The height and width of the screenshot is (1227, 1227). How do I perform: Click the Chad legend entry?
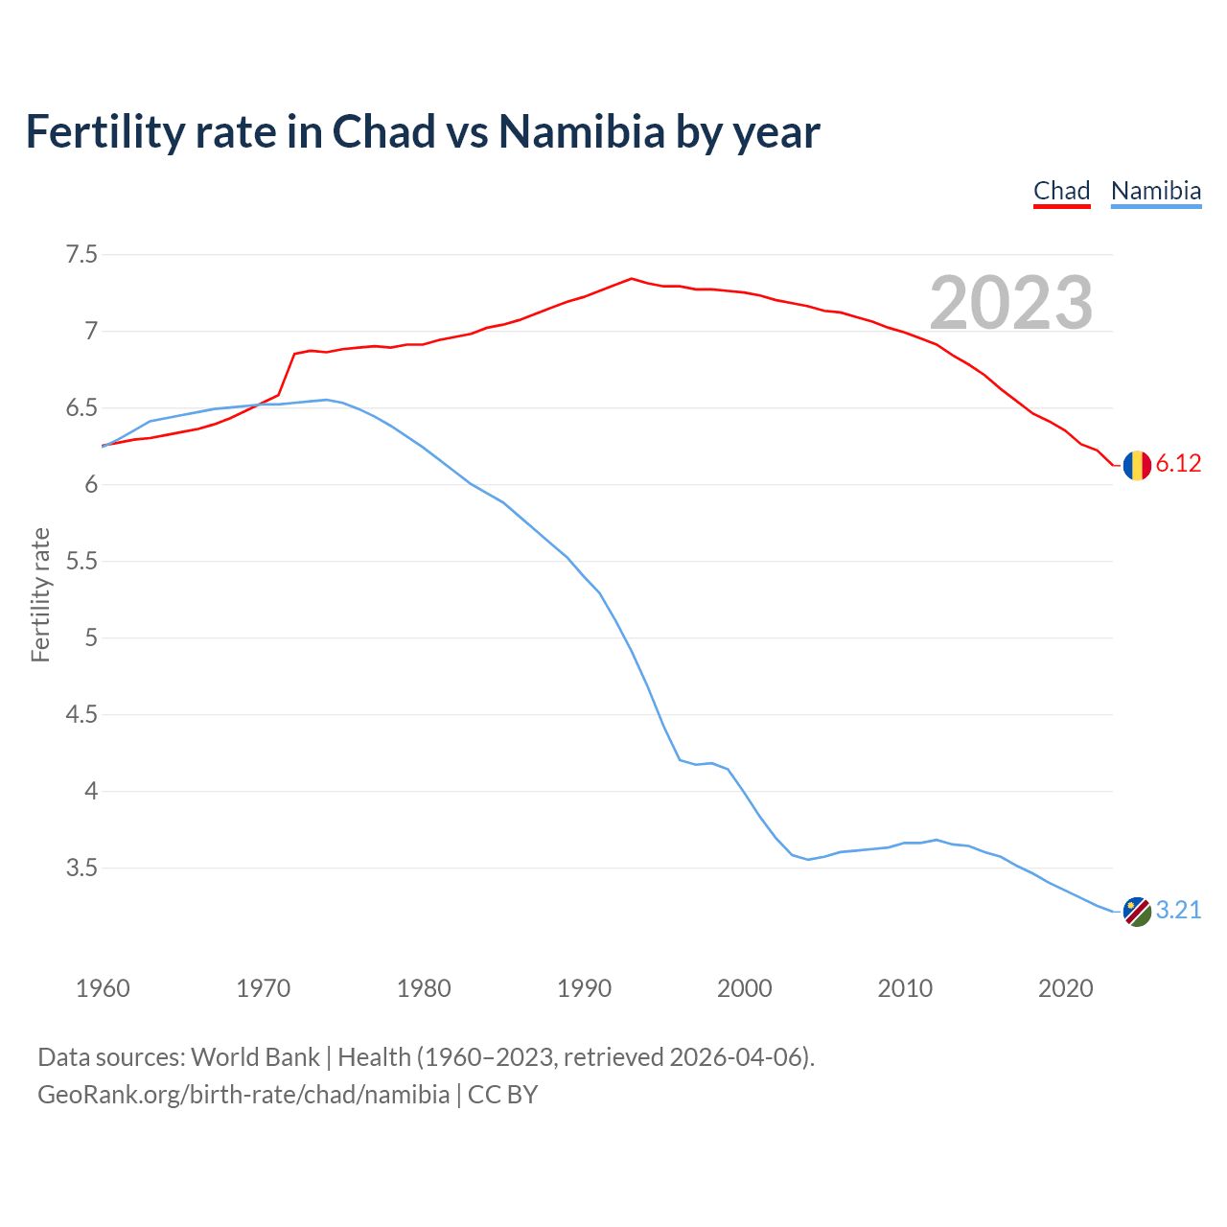click(x=1061, y=191)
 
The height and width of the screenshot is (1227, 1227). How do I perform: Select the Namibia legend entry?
click(x=1155, y=191)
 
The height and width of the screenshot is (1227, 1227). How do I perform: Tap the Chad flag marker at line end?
click(x=1137, y=465)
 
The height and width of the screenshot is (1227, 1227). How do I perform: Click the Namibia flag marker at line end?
click(x=1137, y=912)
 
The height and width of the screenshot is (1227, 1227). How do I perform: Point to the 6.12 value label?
click(x=1178, y=464)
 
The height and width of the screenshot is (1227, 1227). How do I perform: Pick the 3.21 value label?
click(x=1178, y=911)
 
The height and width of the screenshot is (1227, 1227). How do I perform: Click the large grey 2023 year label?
click(x=1011, y=303)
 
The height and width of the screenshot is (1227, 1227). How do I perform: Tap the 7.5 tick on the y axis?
click(x=81, y=255)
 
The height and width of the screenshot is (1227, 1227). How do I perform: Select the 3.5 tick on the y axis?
click(x=81, y=868)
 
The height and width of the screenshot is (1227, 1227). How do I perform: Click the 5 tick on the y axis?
click(x=91, y=638)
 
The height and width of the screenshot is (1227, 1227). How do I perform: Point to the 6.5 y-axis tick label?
click(x=81, y=408)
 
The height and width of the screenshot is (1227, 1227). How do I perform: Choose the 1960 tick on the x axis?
click(x=103, y=988)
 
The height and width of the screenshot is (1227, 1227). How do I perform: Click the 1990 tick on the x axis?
click(x=584, y=988)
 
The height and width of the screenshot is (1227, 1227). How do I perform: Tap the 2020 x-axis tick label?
click(x=1065, y=988)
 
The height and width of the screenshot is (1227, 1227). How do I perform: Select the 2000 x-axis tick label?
click(x=744, y=988)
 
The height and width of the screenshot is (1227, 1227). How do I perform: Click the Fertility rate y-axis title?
click(x=40, y=594)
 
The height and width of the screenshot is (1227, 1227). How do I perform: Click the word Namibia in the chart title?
click(x=581, y=131)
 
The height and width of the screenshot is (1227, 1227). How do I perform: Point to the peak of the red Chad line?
click(x=631, y=278)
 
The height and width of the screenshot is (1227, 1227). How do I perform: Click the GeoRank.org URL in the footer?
click(x=243, y=1095)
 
